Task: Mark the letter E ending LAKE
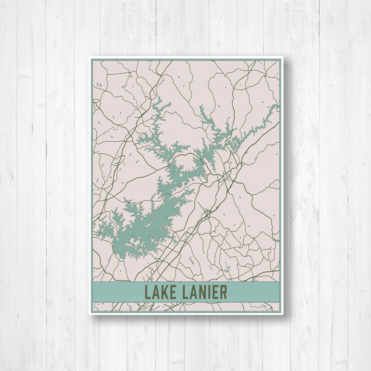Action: (x=172, y=292)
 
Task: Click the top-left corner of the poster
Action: (x=89, y=57)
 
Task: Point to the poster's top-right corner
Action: (x=282, y=57)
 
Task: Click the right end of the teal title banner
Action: (x=277, y=292)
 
